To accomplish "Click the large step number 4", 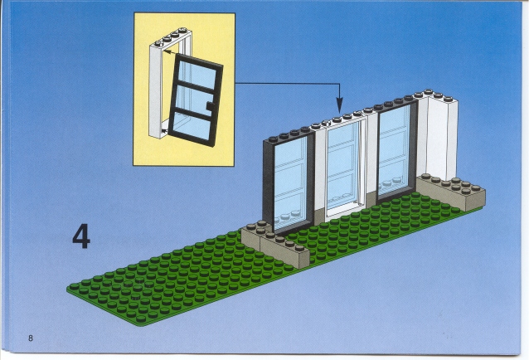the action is (81, 236).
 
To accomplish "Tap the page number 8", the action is (31, 338).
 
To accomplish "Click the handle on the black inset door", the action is (210, 106).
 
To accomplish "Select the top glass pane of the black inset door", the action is (196, 74).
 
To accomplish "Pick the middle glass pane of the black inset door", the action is (192, 100).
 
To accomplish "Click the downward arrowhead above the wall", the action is (339, 105).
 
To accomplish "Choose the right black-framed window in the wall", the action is (396, 152).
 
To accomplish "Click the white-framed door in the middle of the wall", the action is (345, 167).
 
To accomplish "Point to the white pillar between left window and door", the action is (320, 172).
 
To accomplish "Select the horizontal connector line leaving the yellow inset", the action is (287, 83).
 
